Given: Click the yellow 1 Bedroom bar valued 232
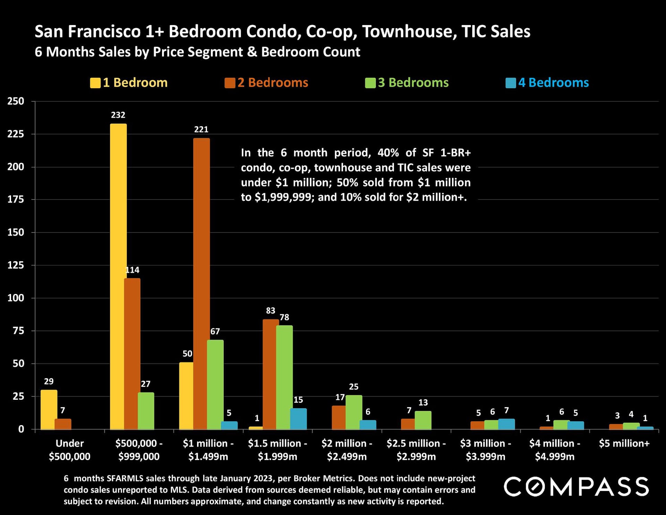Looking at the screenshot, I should [118, 276].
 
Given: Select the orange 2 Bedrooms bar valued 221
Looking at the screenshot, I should [202, 284].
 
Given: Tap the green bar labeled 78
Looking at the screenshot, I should [284, 377].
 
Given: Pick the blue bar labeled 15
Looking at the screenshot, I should [298, 419].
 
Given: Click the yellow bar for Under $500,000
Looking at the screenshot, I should [49, 410].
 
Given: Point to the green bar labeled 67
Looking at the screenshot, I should [215, 385].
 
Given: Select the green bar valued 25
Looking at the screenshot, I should [354, 412].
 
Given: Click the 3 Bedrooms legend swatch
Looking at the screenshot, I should [370, 83].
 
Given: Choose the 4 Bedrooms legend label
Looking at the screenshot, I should [553, 83].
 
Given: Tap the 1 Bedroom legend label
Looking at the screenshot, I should [135, 83].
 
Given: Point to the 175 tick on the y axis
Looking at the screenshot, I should [16, 200].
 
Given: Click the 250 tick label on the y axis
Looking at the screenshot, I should [16, 101].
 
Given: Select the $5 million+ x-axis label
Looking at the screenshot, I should [624, 444].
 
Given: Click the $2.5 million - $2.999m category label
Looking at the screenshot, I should [416, 450].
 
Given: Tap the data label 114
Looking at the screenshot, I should [132, 270].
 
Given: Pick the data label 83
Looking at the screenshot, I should [271, 311].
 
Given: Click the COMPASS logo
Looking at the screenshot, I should [576, 487].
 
